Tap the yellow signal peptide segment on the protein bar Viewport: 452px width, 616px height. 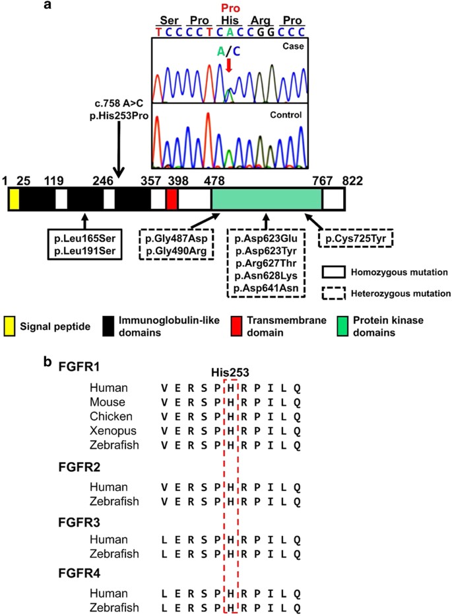coord(14,199)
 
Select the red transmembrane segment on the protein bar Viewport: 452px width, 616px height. coord(172,199)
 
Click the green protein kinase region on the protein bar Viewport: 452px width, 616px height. coord(267,199)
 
